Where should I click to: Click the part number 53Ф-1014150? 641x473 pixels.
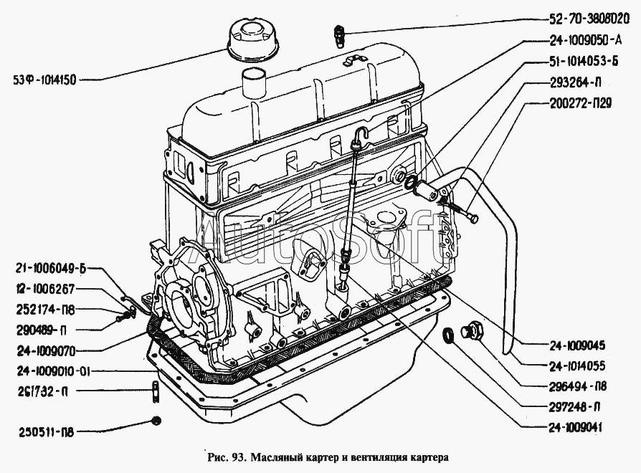point(44,80)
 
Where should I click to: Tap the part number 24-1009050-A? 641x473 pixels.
point(584,39)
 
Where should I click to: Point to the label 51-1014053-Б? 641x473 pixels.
point(584,61)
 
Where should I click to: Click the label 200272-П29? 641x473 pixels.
point(579,103)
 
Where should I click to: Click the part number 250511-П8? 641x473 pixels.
point(46,432)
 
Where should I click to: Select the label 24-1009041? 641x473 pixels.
point(576,428)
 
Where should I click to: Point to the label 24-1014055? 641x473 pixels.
point(576,366)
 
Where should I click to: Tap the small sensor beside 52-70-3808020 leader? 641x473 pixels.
point(338,36)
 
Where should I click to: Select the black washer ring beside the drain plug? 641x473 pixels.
point(450,335)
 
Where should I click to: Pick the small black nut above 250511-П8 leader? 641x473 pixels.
point(156,420)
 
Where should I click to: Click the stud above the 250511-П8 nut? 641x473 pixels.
point(155,391)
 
